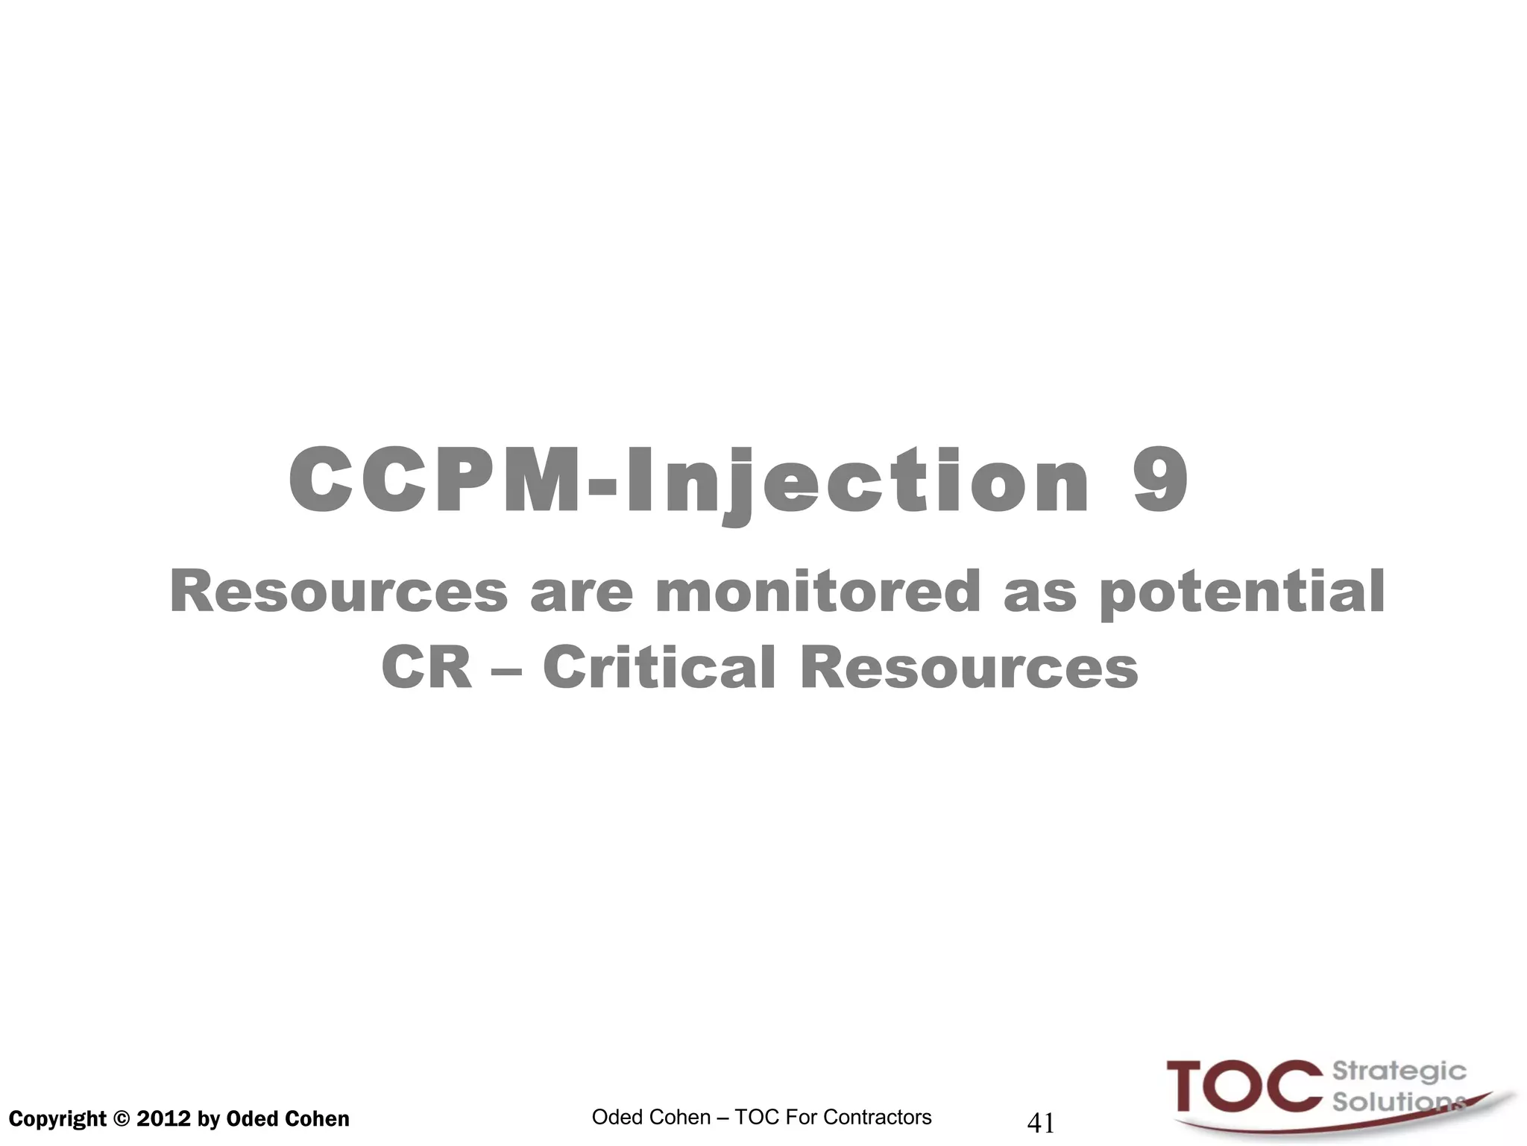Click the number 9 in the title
[x=1160, y=481]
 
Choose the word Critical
[x=659, y=668]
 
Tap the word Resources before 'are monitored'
[x=339, y=592]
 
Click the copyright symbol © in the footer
[x=121, y=1119]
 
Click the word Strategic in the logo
[x=1399, y=1072]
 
